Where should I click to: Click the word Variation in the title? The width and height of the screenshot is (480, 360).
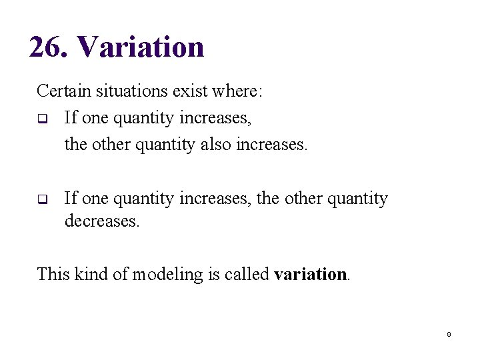pos(141,47)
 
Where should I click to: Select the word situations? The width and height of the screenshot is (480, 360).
pos(126,91)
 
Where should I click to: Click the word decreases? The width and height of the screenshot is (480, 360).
pos(102,221)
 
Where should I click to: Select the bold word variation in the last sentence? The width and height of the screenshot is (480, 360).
pos(311,274)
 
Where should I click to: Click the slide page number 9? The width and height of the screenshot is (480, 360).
pos(449,334)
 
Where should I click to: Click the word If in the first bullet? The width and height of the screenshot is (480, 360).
pos(71,118)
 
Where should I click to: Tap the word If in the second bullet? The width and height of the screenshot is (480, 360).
pos(71,199)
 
